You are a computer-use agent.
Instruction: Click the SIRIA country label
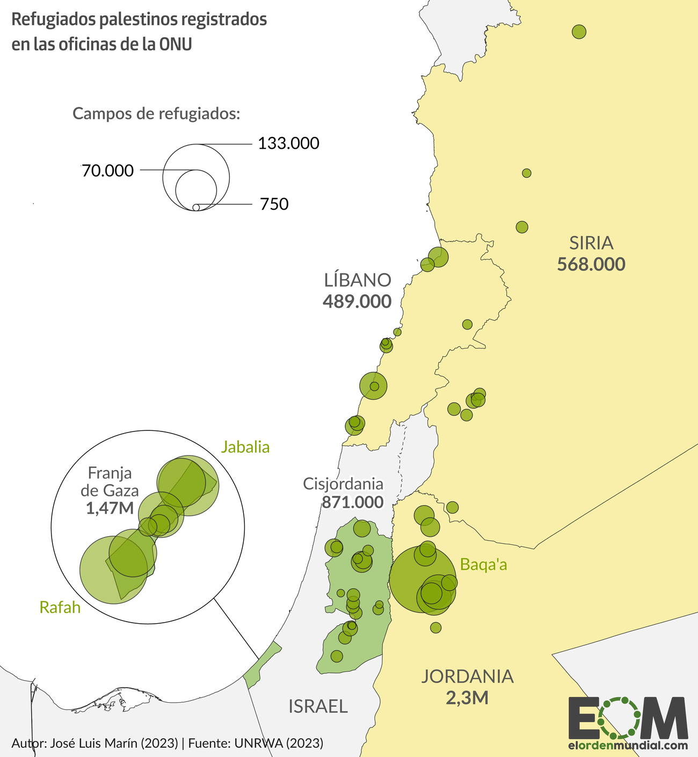(x=591, y=243)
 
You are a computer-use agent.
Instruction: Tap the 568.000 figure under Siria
(x=591, y=264)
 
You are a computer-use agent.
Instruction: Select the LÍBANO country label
(x=357, y=280)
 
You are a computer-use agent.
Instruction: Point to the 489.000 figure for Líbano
(x=357, y=301)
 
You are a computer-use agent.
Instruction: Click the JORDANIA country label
(x=467, y=676)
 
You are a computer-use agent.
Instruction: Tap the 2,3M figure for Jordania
(x=467, y=698)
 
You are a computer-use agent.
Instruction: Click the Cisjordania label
(x=343, y=484)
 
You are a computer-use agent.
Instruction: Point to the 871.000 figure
(x=353, y=502)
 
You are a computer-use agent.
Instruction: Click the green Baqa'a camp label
(x=484, y=565)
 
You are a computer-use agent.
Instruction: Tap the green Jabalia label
(x=245, y=447)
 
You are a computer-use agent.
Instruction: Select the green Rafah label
(x=60, y=608)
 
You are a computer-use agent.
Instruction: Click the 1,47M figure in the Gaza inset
(x=110, y=508)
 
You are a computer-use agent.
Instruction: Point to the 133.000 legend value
(x=288, y=143)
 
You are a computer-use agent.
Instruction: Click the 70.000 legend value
(x=108, y=171)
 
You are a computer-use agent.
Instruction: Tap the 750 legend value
(x=274, y=205)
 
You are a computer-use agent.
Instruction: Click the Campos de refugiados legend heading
(x=156, y=114)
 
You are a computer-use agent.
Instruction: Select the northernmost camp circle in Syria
(x=579, y=32)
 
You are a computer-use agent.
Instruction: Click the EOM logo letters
(x=628, y=718)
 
